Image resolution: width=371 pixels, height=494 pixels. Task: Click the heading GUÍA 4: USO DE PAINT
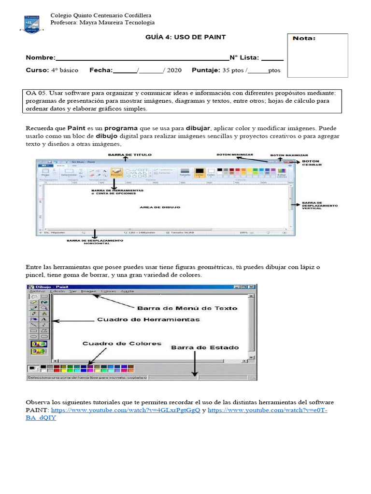coord(185,37)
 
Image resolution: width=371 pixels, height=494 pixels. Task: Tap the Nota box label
coord(305,39)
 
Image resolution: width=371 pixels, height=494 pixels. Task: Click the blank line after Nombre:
coord(142,58)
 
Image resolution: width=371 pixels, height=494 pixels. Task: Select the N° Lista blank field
coord(272,58)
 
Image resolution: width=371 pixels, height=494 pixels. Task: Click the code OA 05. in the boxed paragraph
coord(36,93)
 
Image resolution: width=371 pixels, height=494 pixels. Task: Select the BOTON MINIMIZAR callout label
coord(235,155)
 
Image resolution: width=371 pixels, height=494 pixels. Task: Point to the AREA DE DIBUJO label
coord(160,207)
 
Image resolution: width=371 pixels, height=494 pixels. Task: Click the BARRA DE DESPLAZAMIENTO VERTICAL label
coord(319,206)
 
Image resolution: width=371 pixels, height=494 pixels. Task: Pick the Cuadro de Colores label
coord(122,343)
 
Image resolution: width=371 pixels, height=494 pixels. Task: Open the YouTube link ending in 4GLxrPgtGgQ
coord(126,410)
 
